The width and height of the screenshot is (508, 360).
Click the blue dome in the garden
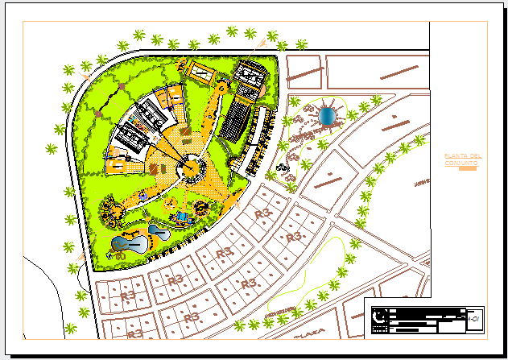(x=328, y=114)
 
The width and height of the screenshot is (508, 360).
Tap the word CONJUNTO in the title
(x=461, y=163)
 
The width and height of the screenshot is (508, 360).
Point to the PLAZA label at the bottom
(x=311, y=331)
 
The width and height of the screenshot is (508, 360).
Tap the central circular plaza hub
(x=189, y=169)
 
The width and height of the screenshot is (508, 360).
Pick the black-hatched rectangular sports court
(x=236, y=120)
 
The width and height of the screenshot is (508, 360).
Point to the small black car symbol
(x=283, y=167)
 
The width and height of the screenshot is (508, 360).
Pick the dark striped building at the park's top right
(x=252, y=77)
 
